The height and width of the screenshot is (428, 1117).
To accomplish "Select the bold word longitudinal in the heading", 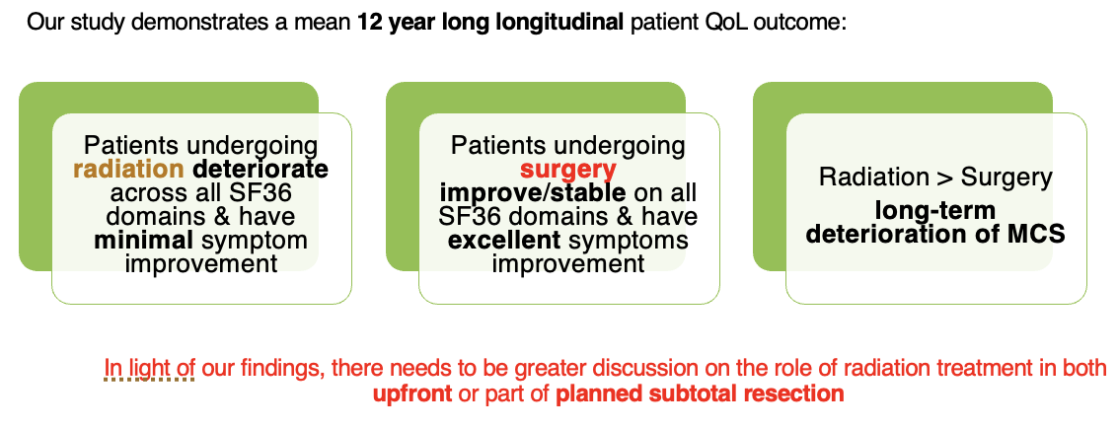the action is [556, 23].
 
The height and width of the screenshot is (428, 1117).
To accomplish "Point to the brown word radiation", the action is [129, 170].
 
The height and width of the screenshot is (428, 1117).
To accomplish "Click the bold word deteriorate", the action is [261, 170].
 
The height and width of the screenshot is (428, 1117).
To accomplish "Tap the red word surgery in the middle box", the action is [567, 170].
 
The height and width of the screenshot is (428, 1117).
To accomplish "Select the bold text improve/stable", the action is [532, 193].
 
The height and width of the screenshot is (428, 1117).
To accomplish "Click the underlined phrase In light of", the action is [149, 370].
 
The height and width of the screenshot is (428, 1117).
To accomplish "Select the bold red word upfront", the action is [412, 393].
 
